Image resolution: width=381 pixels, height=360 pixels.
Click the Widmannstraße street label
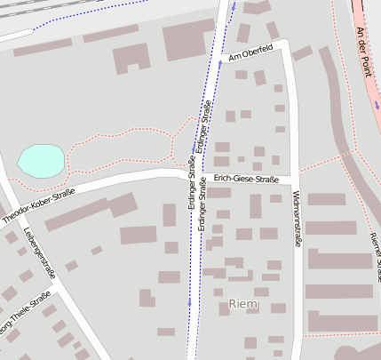point(296,216)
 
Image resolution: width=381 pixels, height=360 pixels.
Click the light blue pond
point(41,161)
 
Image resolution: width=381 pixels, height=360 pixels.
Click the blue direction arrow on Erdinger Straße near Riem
point(189,302)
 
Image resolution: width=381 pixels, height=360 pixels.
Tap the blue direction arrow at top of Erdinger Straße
point(233,6)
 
